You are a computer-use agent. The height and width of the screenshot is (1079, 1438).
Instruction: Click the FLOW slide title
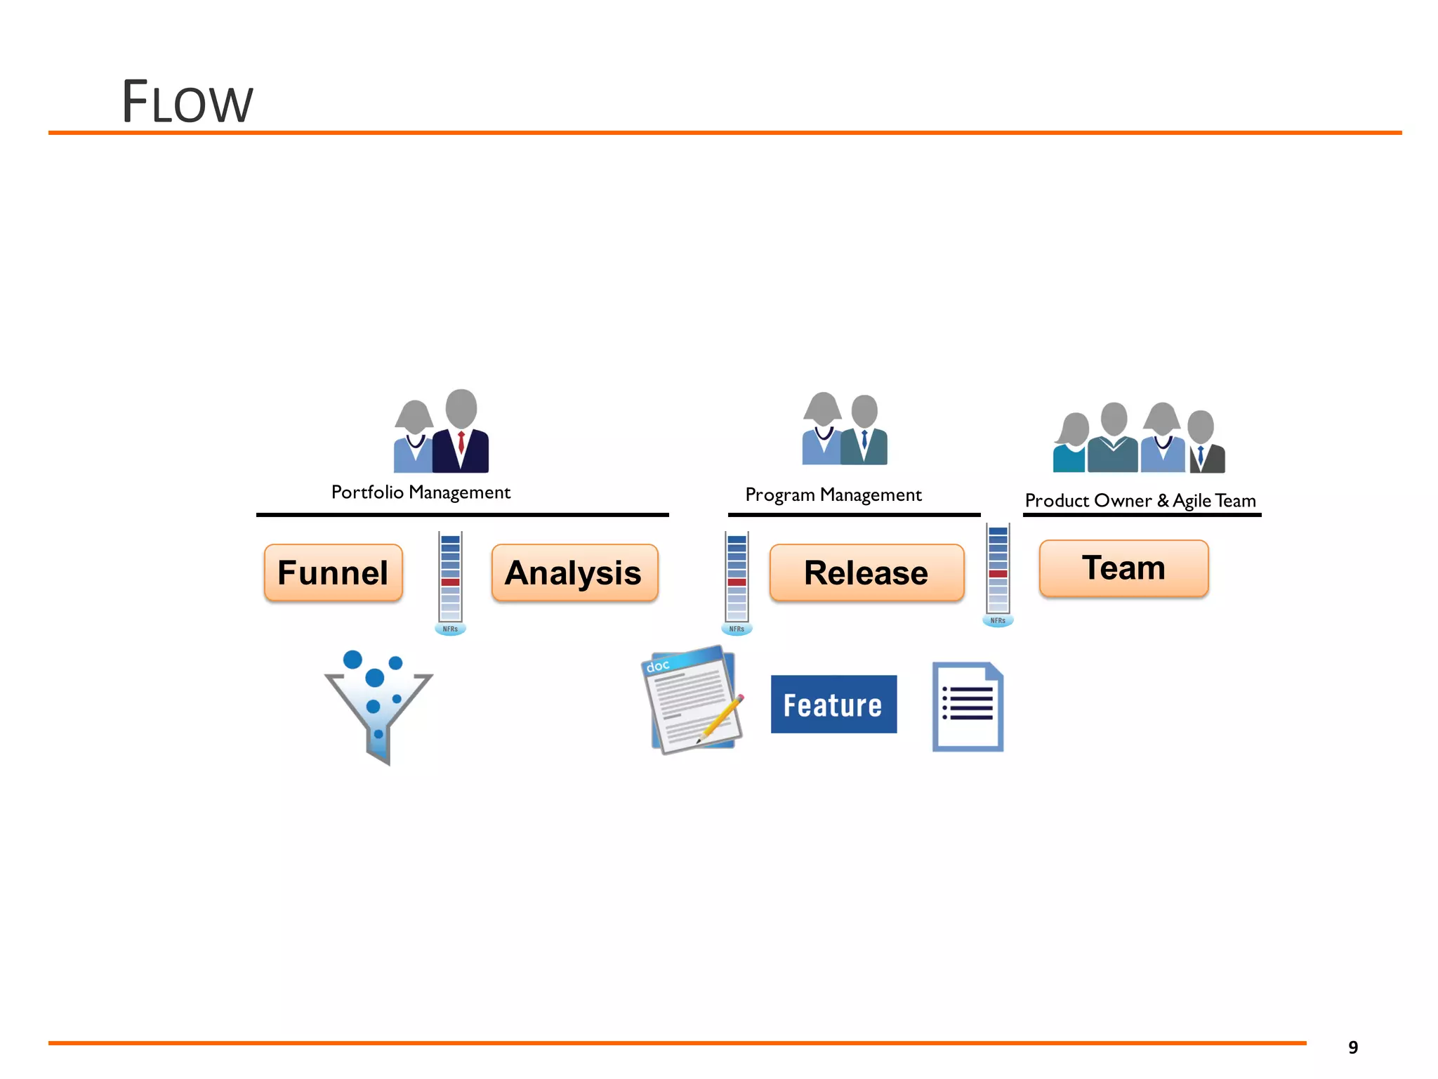[187, 103]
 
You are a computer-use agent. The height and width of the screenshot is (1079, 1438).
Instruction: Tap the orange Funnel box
[333, 573]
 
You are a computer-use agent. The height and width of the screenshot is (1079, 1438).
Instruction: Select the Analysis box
[574, 573]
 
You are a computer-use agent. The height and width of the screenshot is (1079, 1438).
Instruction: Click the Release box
[866, 573]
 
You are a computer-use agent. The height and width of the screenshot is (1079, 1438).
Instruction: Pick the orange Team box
[1123, 568]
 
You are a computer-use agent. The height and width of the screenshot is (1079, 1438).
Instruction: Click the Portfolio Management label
[421, 492]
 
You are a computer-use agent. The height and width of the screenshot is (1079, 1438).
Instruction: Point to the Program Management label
[833, 495]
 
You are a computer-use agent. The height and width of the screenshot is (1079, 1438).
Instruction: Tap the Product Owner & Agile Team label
[1140, 501]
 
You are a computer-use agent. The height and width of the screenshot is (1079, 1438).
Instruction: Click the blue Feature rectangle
[833, 705]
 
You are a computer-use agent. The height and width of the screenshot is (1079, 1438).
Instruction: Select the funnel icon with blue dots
[378, 706]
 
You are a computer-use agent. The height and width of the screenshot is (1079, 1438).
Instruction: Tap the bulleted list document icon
[968, 707]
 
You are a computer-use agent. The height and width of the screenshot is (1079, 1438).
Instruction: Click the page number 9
[1352, 1047]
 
